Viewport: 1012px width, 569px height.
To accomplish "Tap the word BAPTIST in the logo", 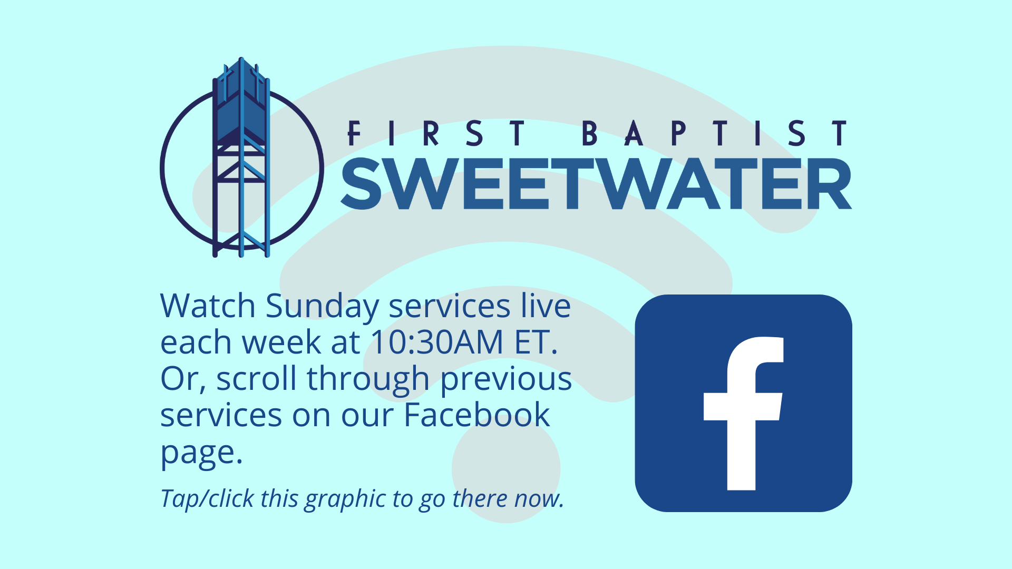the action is tap(715, 133).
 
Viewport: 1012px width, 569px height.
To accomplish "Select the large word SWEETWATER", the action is tap(597, 184).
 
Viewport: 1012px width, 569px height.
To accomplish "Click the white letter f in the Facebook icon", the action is tap(744, 414).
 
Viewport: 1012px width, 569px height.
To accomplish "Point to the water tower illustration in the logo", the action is tap(241, 157).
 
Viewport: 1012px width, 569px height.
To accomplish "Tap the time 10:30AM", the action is tap(437, 342).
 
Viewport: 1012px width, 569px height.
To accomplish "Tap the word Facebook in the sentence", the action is tap(477, 415).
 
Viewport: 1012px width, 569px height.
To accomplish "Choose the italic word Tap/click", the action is tap(207, 499).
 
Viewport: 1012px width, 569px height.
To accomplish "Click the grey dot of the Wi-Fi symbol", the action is tap(506, 469).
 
